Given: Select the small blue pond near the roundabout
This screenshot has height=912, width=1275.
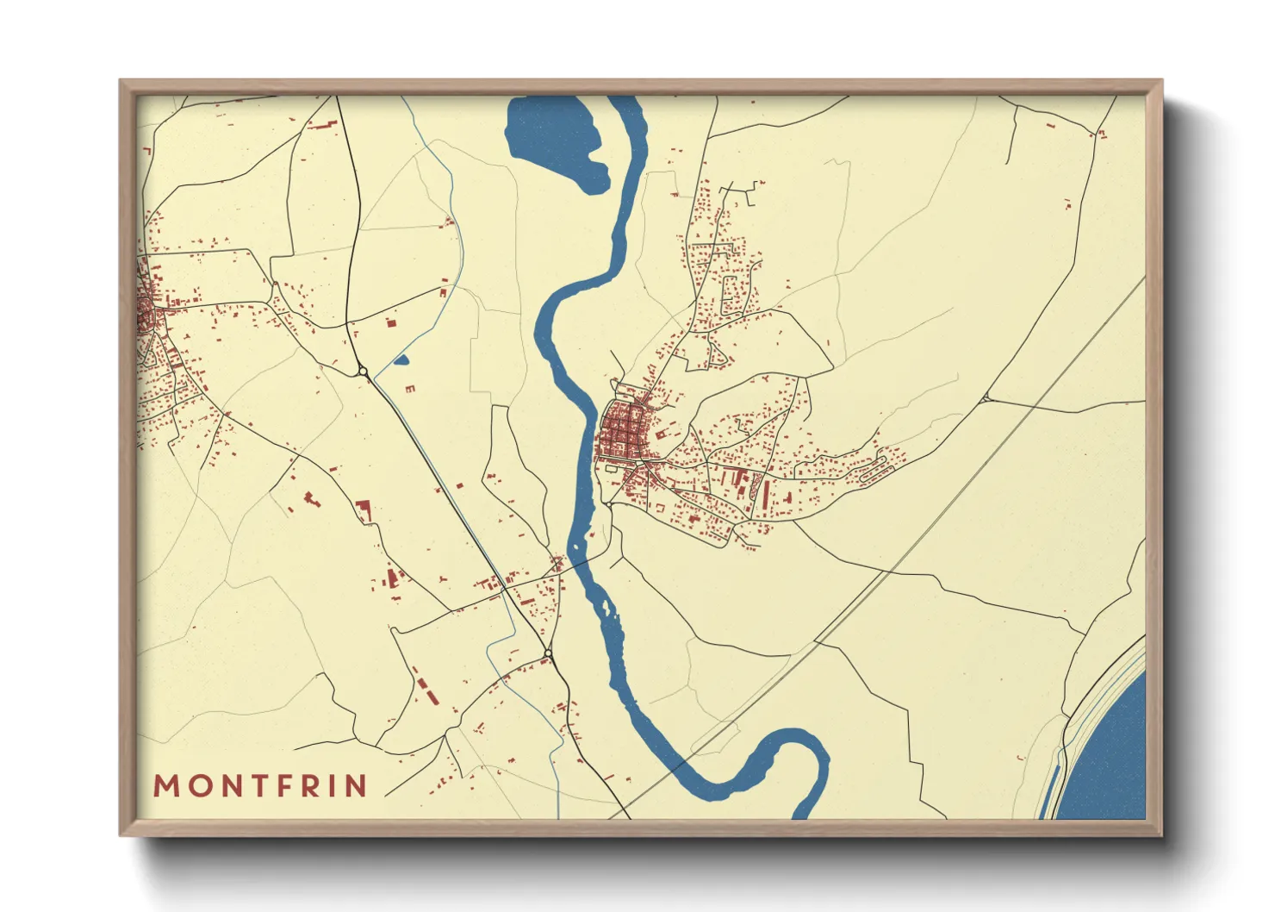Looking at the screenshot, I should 401,360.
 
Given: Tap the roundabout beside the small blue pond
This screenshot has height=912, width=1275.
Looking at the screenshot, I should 363,372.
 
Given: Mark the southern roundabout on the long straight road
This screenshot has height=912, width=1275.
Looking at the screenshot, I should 549,658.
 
